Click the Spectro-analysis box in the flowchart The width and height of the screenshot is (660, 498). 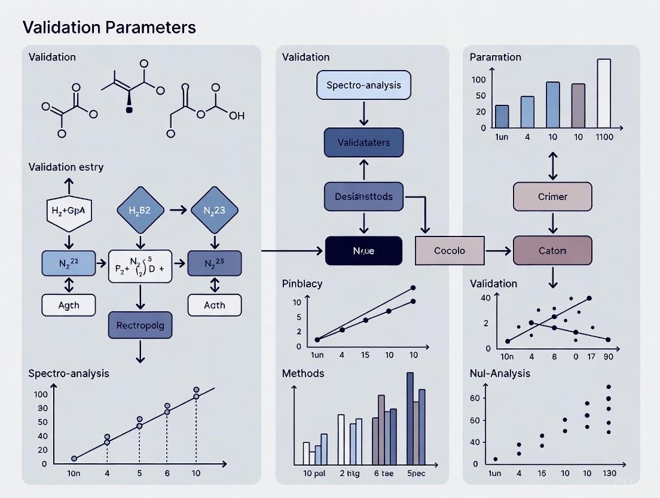pos(363,84)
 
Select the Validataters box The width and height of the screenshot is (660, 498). pos(363,142)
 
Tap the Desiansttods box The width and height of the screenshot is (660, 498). pos(363,196)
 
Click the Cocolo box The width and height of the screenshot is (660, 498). pos(449,250)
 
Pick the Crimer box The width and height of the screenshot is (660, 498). pos(552,196)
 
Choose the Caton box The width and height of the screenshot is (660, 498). pos(552,250)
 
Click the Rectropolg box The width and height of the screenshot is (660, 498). pos(140,326)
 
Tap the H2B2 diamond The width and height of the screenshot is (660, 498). pos(139,210)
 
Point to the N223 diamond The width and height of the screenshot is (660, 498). pos(214,210)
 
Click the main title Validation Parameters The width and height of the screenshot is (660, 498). pos(109,27)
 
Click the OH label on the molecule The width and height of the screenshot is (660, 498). pos(237,116)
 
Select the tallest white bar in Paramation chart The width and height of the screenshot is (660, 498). pos(604,93)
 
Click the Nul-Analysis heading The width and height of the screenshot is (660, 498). pos(500,373)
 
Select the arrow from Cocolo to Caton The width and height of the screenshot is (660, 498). pos(498,250)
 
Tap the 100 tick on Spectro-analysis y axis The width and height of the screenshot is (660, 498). pos(41,394)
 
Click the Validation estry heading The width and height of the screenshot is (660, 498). pos(66,167)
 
